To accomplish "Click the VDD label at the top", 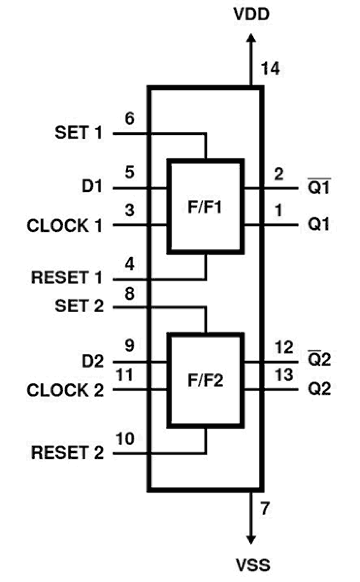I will (x=251, y=14).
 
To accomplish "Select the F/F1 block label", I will (x=205, y=207).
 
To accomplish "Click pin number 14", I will (x=270, y=69).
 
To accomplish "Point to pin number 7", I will (x=265, y=508).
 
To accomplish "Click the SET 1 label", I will (x=79, y=133).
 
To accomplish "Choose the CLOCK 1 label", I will (x=64, y=225).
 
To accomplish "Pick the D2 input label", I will (x=92, y=361).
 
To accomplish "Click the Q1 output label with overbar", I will (x=319, y=187).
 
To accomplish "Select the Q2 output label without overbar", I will (x=319, y=389).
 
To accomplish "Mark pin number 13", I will (x=284, y=375).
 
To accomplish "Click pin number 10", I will (x=125, y=438).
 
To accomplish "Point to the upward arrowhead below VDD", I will (x=251, y=38).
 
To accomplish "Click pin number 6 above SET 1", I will (x=130, y=118).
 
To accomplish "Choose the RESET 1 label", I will (x=66, y=277).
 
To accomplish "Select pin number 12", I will (x=284, y=347).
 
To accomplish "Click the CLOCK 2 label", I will (x=65, y=390).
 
